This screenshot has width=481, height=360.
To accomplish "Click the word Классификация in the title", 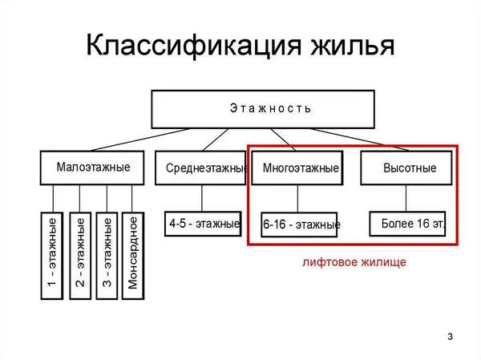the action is coord(193,46).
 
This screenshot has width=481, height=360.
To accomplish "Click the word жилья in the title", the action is coord(353,46).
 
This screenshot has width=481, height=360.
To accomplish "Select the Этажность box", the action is coord(263,109).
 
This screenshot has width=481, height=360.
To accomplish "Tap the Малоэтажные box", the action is coord(92,168).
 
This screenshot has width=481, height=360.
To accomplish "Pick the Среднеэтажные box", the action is coord(200,168).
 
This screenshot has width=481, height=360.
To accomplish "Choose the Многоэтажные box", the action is coord(297,168).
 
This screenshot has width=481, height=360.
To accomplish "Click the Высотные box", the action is coord(406,168).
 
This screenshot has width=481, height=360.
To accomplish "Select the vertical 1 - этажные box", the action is coord(52,256).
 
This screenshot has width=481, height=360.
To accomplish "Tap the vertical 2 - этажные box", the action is coord(80,256).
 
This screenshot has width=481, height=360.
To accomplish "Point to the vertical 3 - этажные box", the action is coord(107,256).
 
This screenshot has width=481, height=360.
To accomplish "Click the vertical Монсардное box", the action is coord(133,256).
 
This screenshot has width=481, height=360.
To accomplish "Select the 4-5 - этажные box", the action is coord(203,224).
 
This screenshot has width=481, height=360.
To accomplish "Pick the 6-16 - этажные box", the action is coord(299,224).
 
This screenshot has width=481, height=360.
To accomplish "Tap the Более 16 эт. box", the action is coord(407,224).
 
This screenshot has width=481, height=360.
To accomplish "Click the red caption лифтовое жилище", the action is coord(354,262).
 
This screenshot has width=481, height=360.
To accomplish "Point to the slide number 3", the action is coord(450,337).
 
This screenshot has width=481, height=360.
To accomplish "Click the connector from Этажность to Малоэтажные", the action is coord(140,140).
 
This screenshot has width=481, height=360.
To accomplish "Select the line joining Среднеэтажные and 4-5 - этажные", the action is coord(201,198).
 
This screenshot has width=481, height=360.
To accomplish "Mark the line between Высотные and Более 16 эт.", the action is coord(406,198).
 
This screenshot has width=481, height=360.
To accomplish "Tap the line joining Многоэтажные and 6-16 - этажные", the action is coord(297,199).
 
